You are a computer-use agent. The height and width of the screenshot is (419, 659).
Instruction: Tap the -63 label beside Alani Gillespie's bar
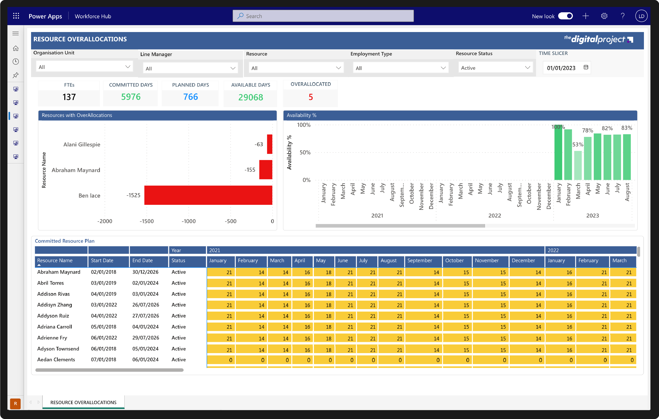click(259, 144)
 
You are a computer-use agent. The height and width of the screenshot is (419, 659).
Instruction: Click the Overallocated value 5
click(311, 97)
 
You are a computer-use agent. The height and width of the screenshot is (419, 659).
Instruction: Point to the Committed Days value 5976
click(131, 97)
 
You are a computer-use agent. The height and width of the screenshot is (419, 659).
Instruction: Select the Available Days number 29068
click(250, 97)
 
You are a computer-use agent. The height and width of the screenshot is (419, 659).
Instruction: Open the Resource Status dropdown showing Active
click(495, 68)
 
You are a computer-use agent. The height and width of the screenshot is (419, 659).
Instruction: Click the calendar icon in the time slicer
click(586, 67)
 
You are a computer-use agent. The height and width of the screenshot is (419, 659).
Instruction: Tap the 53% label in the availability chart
click(578, 145)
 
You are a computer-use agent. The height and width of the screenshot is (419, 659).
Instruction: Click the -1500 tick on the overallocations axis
click(147, 221)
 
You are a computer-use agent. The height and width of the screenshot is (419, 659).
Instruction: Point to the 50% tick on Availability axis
click(305, 152)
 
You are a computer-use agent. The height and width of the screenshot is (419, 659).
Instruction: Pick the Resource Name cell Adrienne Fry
click(52, 338)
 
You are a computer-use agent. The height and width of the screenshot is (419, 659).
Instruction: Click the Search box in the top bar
click(323, 16)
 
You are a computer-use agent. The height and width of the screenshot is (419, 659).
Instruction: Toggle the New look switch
click(565, 16)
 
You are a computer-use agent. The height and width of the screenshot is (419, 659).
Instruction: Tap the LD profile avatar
click(641, 16)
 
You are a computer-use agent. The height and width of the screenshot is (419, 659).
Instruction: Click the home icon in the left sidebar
click(16, 48)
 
